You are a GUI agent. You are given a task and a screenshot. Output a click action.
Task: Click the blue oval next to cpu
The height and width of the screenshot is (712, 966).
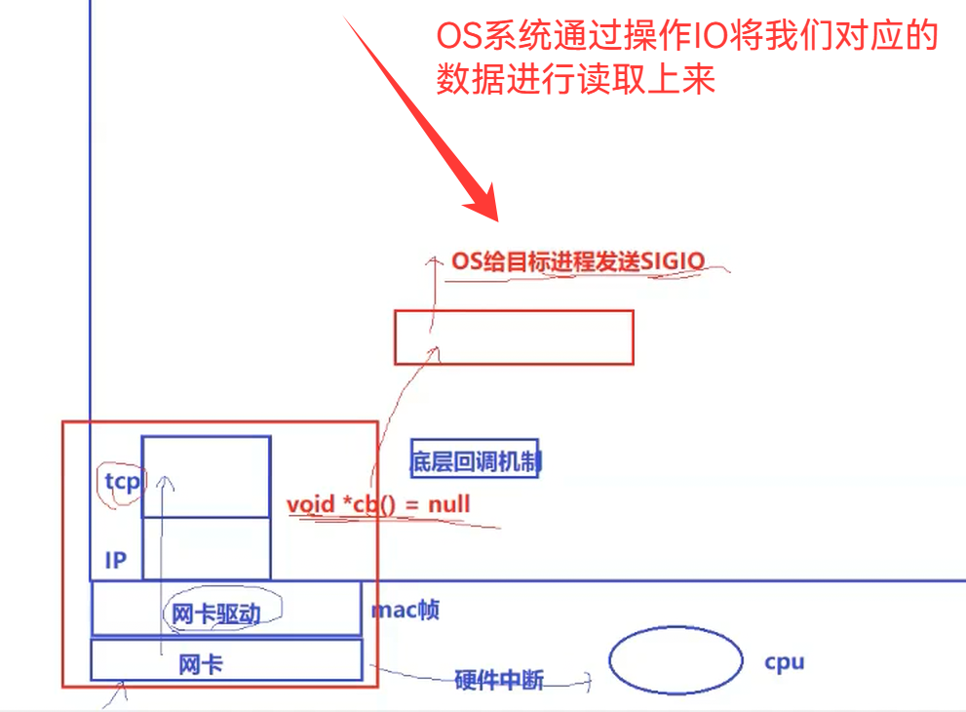pyautogui.click(x=674, y=661)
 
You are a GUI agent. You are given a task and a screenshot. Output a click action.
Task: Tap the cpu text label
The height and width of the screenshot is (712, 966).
pyautogui.click(x=785, y=662)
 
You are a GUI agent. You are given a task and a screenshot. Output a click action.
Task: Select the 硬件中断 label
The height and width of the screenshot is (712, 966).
pyautogui.click(x=499, y=680)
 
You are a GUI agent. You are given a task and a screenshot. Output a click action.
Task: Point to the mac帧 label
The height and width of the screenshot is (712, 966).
pyautogui.click(x=405, y=611)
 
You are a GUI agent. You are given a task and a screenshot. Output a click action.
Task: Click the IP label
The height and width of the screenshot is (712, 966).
pyautogui.click(x=116, y=561)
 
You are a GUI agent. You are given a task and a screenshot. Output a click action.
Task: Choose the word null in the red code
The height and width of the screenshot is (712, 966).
pyautogui.click(x=448, y=504)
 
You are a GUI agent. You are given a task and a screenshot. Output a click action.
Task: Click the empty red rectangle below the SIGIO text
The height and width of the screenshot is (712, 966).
pyautogui.click(x=514, y=337)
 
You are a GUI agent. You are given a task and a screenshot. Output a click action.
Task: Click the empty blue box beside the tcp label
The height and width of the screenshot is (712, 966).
pyautogui.click(x=206, y=476)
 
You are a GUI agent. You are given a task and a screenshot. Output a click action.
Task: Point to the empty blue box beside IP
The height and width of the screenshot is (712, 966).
pyautogui.click(x=206, y=548)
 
